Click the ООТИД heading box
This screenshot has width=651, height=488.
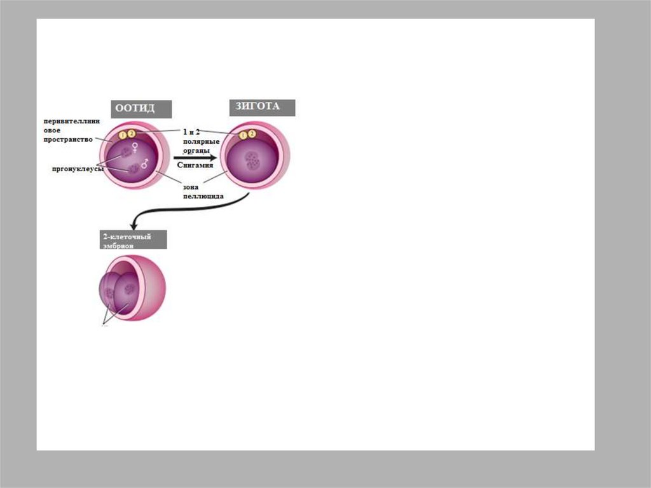pyautogui.click(x=142, y=109)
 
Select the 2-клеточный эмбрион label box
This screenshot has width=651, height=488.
pyautogui.click(x=133, y=239)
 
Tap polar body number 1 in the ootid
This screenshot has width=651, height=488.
pyautogui.click(x=123, y=134)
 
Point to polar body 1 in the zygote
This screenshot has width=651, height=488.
pyautogui.click(x=243, y=135)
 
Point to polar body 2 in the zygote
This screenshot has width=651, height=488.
pyautogui.click(x=252, y=134)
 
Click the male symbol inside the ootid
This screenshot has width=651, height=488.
pyautogui.click(x=145, y=164)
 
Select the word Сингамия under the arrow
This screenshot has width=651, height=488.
pyautogui.click(x=195, y=165)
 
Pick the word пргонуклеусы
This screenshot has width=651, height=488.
pyautogui.click(x=78, y=169)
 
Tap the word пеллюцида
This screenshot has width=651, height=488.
pyautogui.click(x=203, y=197)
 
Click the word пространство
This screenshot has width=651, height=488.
pyautogui.click(x=68, y=139)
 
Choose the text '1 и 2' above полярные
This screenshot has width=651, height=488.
pyautogui.click(x=192, y=131)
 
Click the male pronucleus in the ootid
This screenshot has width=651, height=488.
pyautogui.click(x=134, y=169)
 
